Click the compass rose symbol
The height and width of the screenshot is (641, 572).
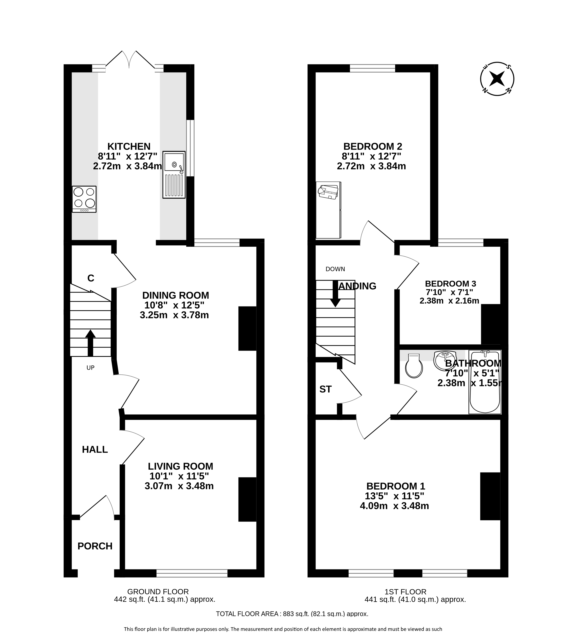pyautogui.click(x=497, y=79)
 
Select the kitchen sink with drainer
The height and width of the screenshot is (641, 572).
pyautogui.click(x=174, y=175)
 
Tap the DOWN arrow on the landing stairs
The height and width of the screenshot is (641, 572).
pyautogui.click(x=335, y=294)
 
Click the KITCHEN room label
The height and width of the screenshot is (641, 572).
pyautogui.click(x=129, y=146)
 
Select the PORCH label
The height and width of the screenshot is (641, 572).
pyautogui.click(x=95, y=546)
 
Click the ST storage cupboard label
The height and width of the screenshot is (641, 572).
pyautogui.click(x=325, y=389)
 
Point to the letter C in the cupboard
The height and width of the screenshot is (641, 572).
pyautogui.click(x=91, y=278)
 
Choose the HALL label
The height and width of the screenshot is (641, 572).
pyautogui.click(x=95, y=450)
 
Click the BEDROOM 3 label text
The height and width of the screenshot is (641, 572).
pyautogui.click(x=450, y=284)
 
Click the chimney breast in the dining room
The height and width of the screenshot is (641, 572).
pyautogui.click(x=248, y=328)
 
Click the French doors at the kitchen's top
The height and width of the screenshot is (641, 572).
pyautogui.click(x=129, y=61)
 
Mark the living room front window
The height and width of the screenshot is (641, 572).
pyautogui.click(x=192, y=574)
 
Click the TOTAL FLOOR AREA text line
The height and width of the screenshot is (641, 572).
pyautogui.click(x=292, y=614)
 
